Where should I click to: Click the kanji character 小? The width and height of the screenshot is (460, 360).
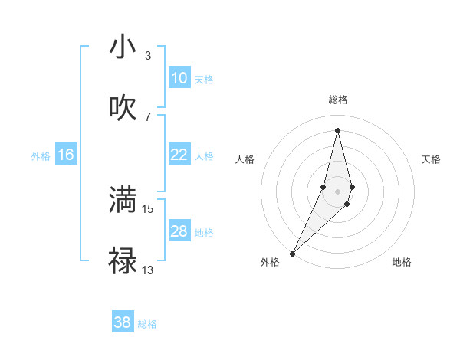123,47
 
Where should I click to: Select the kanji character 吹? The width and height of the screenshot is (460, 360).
123,108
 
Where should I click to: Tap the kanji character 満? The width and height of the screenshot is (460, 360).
123,200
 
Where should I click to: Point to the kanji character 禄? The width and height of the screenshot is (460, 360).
123,260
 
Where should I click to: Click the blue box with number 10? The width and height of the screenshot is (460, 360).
179,78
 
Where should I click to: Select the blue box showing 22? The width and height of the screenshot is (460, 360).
179,155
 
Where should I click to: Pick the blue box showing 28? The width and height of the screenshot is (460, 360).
179,231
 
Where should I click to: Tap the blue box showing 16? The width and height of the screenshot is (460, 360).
65,155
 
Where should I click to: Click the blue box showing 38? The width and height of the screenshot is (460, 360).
123,322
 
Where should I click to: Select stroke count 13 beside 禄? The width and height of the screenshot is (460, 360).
148,269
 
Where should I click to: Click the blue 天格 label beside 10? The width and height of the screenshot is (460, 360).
204,79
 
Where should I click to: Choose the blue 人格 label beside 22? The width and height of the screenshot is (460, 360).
204,155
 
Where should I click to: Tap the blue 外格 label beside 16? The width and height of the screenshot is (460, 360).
41,155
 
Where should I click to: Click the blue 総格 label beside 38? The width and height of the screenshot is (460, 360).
147,324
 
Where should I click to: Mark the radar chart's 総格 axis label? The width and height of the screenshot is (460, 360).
337,100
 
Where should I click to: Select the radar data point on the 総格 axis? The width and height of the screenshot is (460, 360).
337,130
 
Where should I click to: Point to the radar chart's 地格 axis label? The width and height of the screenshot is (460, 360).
402,262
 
